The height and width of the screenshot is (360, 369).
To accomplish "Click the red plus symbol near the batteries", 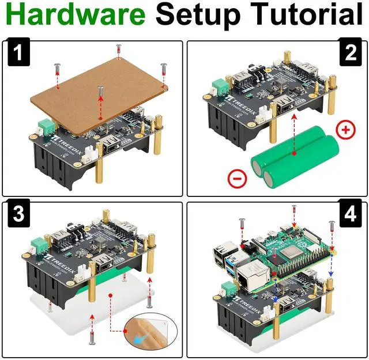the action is pyautogui.click(x=345, y=130).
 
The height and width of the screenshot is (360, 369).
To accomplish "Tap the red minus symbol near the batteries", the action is pyautogui.click(x=238, y=179).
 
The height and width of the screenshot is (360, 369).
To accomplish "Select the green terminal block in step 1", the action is pyautogui.click(x=45, y=127).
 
